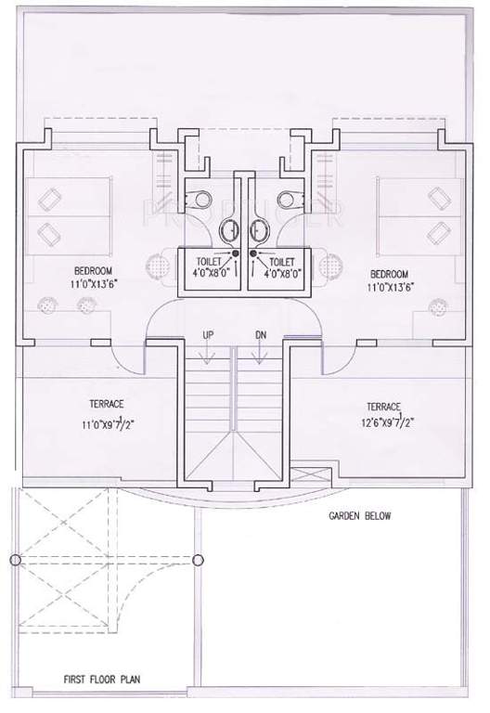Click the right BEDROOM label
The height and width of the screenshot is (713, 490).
(x=389, y=274)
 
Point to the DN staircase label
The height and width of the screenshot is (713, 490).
(x=260, y=334)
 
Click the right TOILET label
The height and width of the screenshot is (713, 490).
(x=283, y=262)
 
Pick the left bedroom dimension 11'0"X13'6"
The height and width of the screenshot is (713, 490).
(x=93, y=287)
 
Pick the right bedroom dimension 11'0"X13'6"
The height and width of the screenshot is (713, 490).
(x=390, y=288)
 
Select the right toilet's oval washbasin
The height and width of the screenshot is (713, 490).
(x=260, y=229)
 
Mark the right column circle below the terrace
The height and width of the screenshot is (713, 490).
(x=198, y=560)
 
